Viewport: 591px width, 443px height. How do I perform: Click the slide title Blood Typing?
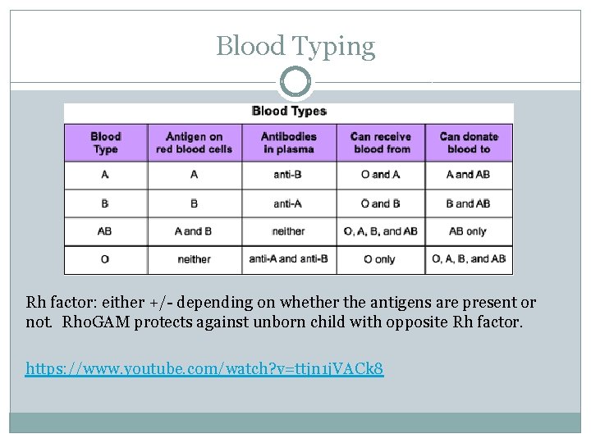(x=295, y=46)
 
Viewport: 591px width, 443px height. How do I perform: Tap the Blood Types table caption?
(x=289, y=111)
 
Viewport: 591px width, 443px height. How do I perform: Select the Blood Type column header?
(x=105, y=143)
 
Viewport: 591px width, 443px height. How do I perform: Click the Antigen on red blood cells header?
(x=194, y=143)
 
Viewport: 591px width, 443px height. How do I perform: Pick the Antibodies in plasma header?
(x=288, y=143)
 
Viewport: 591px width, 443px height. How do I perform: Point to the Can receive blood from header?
(x=380, y=143)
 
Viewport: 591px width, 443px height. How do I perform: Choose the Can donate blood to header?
(x=469, y=143)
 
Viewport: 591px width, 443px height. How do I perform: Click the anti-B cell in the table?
(x=288, y=175)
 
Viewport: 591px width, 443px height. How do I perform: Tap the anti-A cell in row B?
(x=288, y=203)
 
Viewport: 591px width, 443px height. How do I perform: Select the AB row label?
(x=105, y=231)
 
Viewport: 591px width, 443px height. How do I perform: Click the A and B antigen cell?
(x=194, y=231)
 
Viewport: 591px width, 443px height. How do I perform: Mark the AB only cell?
(x=469, y=231)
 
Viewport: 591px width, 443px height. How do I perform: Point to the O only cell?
(x=380, y=259)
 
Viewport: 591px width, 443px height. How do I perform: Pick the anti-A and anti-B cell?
(x=288, y=259)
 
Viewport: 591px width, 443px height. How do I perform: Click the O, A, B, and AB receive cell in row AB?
(x=380, y=231)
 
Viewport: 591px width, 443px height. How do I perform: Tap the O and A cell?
(x=380, y=175)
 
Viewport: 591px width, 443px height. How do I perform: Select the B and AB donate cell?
(x=469, y=203)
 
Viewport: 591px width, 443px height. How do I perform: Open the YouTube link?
(x=204, y=369)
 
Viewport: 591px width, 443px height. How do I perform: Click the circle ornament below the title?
(x=295, y=82)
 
